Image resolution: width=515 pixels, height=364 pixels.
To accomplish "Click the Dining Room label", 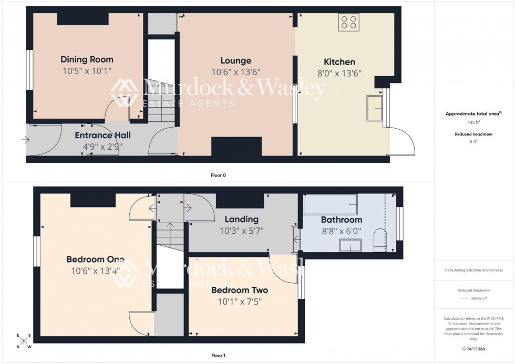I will point(87,59).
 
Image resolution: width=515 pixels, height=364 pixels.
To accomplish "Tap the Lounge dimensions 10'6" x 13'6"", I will point(236,72).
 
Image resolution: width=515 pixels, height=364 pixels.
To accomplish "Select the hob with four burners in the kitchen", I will point(348,22).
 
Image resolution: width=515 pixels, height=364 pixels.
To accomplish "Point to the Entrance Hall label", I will point(102,135).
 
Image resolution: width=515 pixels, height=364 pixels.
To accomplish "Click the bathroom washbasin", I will point(350,245).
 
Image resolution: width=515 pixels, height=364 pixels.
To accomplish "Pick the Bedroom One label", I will point(95,259).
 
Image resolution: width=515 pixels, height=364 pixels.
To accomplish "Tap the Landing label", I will point(241,219).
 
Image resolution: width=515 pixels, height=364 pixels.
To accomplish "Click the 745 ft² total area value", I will point(474,122).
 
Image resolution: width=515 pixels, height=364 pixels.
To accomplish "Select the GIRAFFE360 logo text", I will point(474,349).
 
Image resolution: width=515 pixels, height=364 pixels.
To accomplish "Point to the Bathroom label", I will point(341,220).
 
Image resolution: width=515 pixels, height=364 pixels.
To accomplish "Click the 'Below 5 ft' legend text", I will point(474,298).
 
